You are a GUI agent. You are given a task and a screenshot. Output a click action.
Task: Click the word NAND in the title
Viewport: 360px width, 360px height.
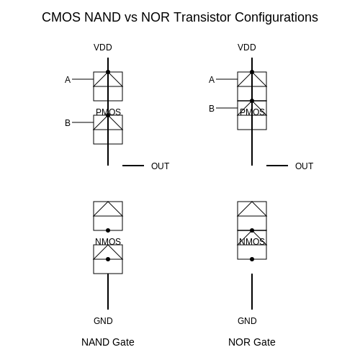point(102,17)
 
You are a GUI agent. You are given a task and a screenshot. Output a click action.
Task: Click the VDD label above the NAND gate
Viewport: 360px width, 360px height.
point(103,48)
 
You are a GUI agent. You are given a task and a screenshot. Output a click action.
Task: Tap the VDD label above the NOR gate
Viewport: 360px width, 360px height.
point(247,48)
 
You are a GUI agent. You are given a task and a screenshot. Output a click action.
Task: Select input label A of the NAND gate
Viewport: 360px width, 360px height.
point(68,79)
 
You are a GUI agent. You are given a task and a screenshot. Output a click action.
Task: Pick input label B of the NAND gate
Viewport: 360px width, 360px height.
point(68,123)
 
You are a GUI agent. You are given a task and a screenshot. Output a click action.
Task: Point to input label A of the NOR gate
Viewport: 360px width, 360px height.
point(212,79)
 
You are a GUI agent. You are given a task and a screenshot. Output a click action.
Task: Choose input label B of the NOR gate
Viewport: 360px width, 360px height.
point(212,109)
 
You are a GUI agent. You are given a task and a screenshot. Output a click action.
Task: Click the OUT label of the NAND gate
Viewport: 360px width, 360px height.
point(160,166)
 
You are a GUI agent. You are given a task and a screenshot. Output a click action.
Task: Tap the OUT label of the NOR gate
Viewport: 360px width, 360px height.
point(304,166)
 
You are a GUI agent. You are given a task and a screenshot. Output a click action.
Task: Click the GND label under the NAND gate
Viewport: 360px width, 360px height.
point(103,321)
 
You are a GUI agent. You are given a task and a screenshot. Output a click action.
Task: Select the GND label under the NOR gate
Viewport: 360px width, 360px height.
point(247,321)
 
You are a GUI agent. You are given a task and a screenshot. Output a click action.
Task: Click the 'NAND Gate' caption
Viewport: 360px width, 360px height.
point(108,342)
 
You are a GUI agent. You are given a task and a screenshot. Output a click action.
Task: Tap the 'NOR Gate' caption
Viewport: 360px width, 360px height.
point(252,342)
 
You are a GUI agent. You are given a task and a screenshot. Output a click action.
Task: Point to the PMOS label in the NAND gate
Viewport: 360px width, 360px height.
point(108,112)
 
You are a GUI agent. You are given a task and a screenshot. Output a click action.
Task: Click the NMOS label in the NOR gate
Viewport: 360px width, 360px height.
point(252,242)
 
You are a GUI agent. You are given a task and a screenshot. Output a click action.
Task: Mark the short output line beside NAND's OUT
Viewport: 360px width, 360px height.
point(133,166)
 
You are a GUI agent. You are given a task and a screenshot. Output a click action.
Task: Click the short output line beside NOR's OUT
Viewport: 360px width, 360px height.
point(277,166)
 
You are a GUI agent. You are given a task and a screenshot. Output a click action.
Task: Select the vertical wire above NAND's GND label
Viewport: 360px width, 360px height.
point(108,292)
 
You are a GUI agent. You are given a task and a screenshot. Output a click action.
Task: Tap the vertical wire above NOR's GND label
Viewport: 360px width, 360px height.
point(252,292)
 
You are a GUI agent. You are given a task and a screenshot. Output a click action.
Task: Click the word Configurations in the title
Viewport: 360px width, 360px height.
point(276,17)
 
